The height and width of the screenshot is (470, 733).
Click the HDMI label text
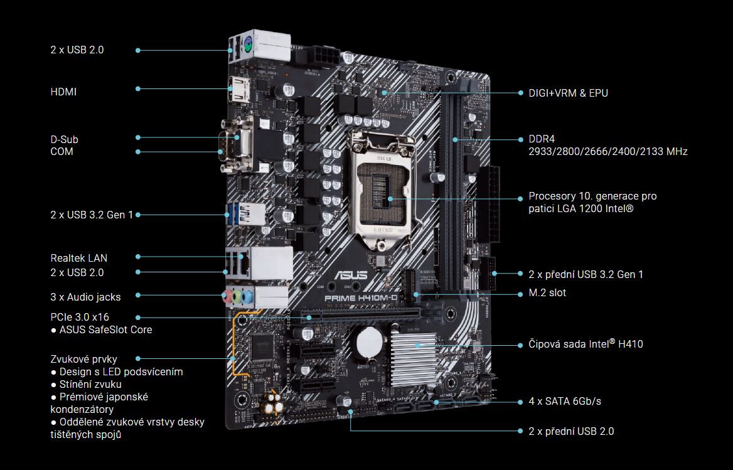pos(63,92)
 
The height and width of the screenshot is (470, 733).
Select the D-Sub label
pos(65,139)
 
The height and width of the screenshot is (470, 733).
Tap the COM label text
pos(62,151)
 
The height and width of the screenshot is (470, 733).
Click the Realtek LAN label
pos(79,258)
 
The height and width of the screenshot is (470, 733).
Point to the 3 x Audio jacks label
pos(85,297)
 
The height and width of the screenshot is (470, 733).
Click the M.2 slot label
pos(547,293)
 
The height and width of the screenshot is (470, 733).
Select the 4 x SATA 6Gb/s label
pos(565,402)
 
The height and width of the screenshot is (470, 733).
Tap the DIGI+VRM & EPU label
pos(569,93)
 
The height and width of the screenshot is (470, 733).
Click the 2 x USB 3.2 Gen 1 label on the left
pos(92,215)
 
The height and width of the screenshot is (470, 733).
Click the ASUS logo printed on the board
pos(351,274)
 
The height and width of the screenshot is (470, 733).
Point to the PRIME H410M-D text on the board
pos(361,298)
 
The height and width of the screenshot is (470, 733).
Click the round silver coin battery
pos(370,342)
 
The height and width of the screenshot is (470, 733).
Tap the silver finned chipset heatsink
pos(414,356)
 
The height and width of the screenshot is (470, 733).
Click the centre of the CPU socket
pos(384,190)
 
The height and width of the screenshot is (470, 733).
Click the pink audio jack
pos(228,296)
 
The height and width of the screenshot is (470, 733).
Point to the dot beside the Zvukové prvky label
pos(138,359)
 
